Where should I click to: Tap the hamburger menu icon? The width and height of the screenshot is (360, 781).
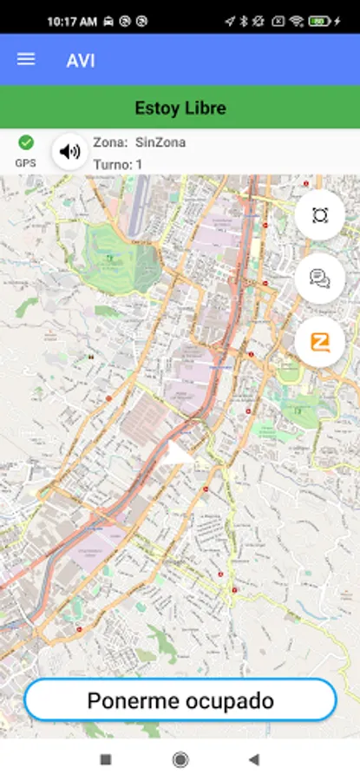(x=26, y=59)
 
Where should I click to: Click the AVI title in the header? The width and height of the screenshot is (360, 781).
(x=81, y=60)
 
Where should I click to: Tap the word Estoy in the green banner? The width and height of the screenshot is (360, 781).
(x=154, y=108)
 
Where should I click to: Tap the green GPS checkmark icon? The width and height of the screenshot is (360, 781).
(x=26, y=142)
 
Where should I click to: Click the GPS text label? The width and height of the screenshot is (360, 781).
(x=26, y=162)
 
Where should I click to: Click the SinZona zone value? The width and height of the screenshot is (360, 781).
(x=160, y=142)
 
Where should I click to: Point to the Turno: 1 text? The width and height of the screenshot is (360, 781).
(x=118, y=164)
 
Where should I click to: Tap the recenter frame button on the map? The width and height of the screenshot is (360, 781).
(x=319, y=215)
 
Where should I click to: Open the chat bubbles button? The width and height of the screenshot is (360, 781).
(x=319, y=279)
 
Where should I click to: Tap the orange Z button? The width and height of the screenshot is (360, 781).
(x=319, y=342)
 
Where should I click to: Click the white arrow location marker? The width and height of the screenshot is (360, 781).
(x=180, y=452)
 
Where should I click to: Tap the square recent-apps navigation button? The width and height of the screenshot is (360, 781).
(x=106, y=759)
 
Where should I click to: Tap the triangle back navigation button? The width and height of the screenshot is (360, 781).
(x=253, y=759)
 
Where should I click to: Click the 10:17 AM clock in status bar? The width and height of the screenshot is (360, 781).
(x=72, y=20)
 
